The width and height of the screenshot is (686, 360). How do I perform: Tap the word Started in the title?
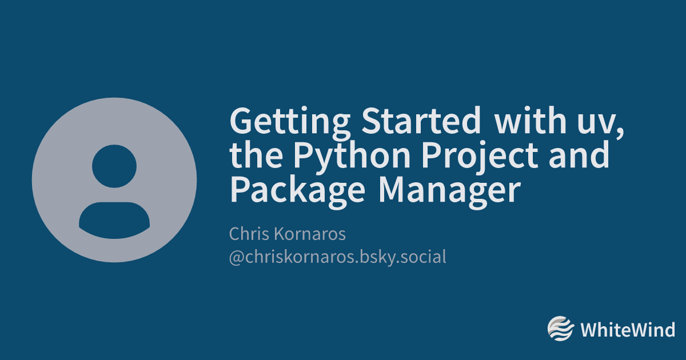[421, 121]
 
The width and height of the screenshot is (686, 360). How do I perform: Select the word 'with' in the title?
[531, 120]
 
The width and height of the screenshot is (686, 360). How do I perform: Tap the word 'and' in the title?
[579, 154]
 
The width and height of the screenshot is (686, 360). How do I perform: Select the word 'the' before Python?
[256, 154]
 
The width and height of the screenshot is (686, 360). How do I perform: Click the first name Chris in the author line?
[249, 234]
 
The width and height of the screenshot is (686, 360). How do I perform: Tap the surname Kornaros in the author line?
[310, 234]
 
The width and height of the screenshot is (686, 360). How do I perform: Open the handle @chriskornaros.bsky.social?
[337, 257]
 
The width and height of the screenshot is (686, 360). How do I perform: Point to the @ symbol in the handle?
[237, 258]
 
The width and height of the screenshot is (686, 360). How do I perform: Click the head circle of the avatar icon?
[114, 166]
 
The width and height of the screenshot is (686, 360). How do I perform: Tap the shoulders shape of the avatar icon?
[114, 221]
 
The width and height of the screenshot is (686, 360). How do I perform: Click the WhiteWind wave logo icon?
[560, 329]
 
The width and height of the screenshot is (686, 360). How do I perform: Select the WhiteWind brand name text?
[628, 329]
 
